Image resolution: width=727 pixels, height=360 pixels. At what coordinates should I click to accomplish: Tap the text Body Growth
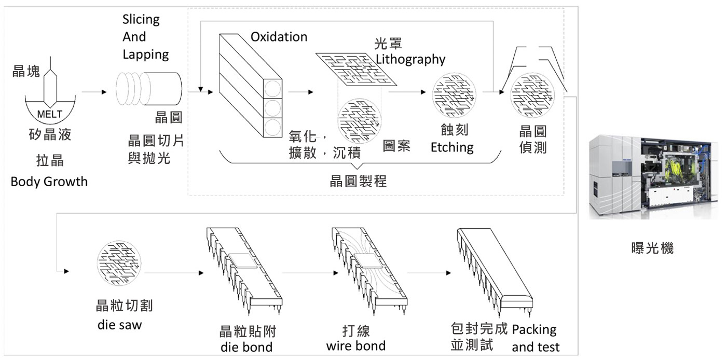[49, 182]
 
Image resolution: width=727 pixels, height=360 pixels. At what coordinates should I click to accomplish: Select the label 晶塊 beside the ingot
[26, 72]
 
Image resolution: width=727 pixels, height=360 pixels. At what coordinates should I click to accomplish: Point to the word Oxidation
[279, 37]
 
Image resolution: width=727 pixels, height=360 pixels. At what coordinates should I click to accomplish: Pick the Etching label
[452, 147]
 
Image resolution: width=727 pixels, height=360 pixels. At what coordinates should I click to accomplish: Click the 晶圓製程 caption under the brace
[358, 182]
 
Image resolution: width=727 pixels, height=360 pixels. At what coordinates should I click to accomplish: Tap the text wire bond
[356, 345]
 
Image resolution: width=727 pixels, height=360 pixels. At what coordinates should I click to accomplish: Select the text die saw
[119, 326]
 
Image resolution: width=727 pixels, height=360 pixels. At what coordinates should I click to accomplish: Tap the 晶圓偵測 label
[533, 139]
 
